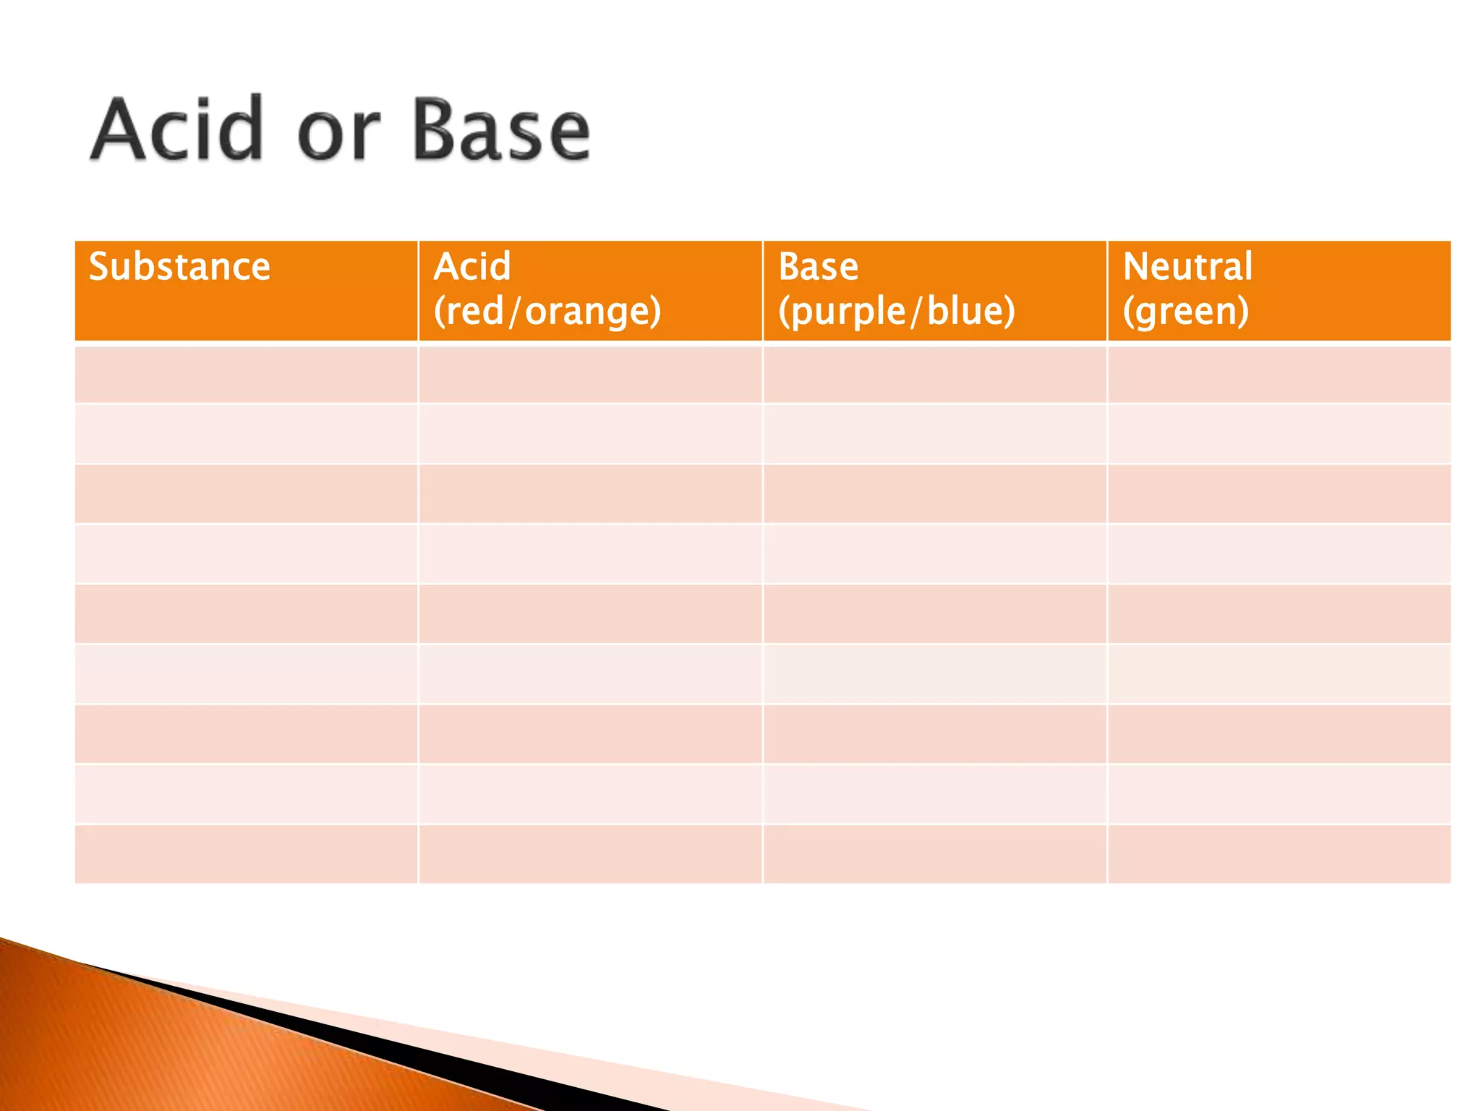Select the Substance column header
click(179, 266)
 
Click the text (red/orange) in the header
click(547, 312)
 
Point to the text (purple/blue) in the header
click(897, 312)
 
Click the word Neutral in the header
click(1187, 266)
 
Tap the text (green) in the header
click(1186, 312)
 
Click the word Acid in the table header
click(472, 266)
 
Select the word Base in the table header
click(818, 266)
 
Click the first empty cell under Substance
click(246, 375)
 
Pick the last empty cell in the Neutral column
click(1279, 854)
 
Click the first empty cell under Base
click(934, 375)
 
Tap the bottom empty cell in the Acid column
click(590, 854)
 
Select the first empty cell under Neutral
click(1279, 375)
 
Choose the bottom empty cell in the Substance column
click(246, 854)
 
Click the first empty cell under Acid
click(590, 375)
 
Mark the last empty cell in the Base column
click(934, 854)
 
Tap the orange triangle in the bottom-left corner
click(145, 1049)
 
